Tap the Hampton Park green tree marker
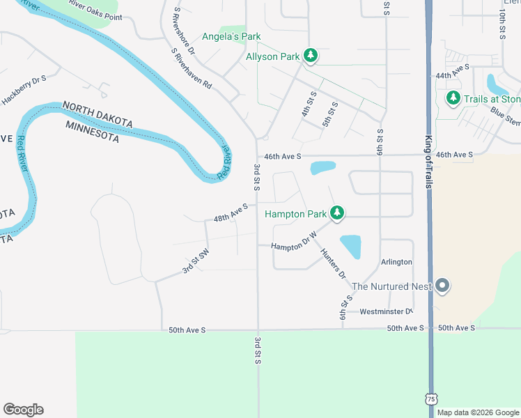(337, 213)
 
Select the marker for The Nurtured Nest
(442, 286)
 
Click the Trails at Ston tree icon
(453, 99)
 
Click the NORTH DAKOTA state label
(98, 114)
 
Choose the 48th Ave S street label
(231, 212)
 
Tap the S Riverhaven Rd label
(191, 69)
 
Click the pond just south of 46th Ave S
(322, 168)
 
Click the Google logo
(23, 410)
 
